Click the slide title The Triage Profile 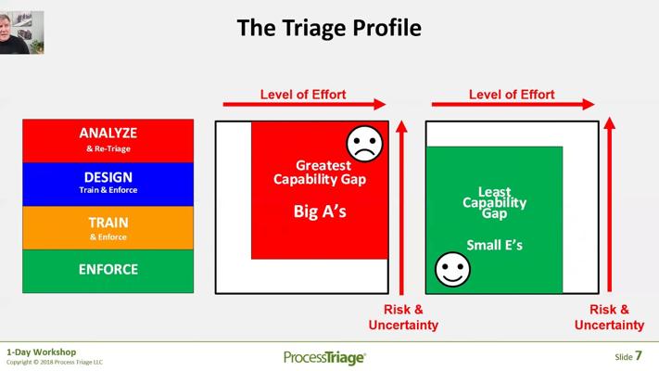pyautogui.click(x=329, y=28)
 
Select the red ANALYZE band pyautogui.click(x=108, y=140)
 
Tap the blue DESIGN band pyautogui.click(x=108, y=185)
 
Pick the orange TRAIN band pyautogui.click(x=108, y=228)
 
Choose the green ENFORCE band pyautogui.click(x=108, y=272)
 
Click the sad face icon pyautogui.click(x=364, y=144)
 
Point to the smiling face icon pyautogui.click(x=452, y=270)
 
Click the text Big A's pyautogui.click(x=320, y=211)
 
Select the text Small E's pyautogui.click(x=495, y=245)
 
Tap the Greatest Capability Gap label pyautogui.click(x=320, y=172)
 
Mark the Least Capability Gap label pyautogui.click(x=495, y=202)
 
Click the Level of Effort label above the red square pyautogui.click(x=303, y=95)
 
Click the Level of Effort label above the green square pyautogui.click(x=512, y=95)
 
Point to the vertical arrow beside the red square pyautogui.click(x=401, y=208)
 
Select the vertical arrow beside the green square pyautogui.click(x=610, y=205)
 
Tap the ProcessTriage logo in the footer pyautogui.click(x=325, y=357)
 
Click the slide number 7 pyautogui.click(x=639, y=356)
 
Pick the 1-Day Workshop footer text pyautogui.click(x=41, y=352)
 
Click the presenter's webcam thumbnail pyautogui.click(x=22, y=32)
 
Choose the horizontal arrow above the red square pyautogui.click(x=304, y=104)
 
